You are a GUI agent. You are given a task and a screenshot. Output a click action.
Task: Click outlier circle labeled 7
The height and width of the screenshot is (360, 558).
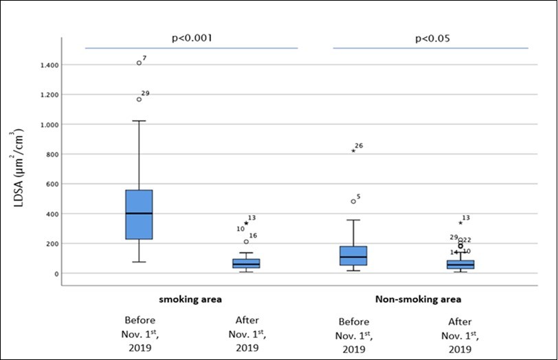coord(139,63)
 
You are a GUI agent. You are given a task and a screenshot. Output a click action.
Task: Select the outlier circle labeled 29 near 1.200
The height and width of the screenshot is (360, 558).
coord(139,100)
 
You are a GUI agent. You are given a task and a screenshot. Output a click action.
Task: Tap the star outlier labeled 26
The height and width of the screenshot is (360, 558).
coord(353,150)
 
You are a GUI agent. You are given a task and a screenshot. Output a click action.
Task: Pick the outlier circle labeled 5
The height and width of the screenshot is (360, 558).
coord(353,201)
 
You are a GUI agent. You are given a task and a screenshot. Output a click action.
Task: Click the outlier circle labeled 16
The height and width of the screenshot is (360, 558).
coord(246,242)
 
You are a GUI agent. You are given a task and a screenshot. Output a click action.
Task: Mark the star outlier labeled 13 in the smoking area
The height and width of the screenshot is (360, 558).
coord(246,223)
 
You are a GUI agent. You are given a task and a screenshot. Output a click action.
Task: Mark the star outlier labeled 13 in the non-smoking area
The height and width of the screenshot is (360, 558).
coord(460,223)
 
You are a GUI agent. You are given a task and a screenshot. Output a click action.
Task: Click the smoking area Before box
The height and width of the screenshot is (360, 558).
coord(139,214)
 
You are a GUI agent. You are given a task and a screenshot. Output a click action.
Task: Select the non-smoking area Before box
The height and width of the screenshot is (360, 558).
coord(353,256)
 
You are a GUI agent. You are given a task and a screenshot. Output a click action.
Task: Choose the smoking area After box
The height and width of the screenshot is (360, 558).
coord(246,264)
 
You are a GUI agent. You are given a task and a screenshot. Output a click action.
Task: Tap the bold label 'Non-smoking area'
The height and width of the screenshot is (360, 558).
coord(418,300)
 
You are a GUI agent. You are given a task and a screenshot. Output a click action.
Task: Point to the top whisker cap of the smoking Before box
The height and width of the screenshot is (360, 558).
coord(139,121)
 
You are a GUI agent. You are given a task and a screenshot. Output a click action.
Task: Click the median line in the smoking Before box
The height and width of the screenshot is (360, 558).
coord(139,214)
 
